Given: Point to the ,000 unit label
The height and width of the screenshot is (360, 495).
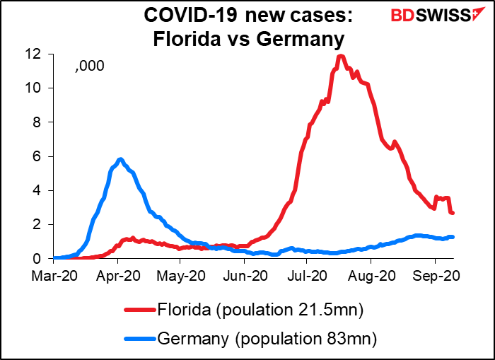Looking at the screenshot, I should point(91,66).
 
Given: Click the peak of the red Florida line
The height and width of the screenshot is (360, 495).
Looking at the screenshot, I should point(341,56).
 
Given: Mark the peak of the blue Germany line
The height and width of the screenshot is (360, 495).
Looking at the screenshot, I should point(121,159).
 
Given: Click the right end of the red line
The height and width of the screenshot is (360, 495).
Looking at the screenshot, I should point(453,213).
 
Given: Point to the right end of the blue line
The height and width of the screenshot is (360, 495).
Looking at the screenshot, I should point(452,237).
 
